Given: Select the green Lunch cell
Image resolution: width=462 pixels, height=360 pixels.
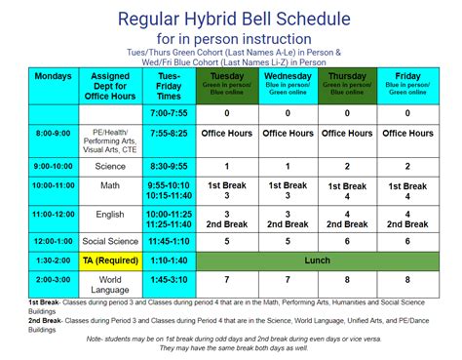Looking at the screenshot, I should point(317,260).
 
